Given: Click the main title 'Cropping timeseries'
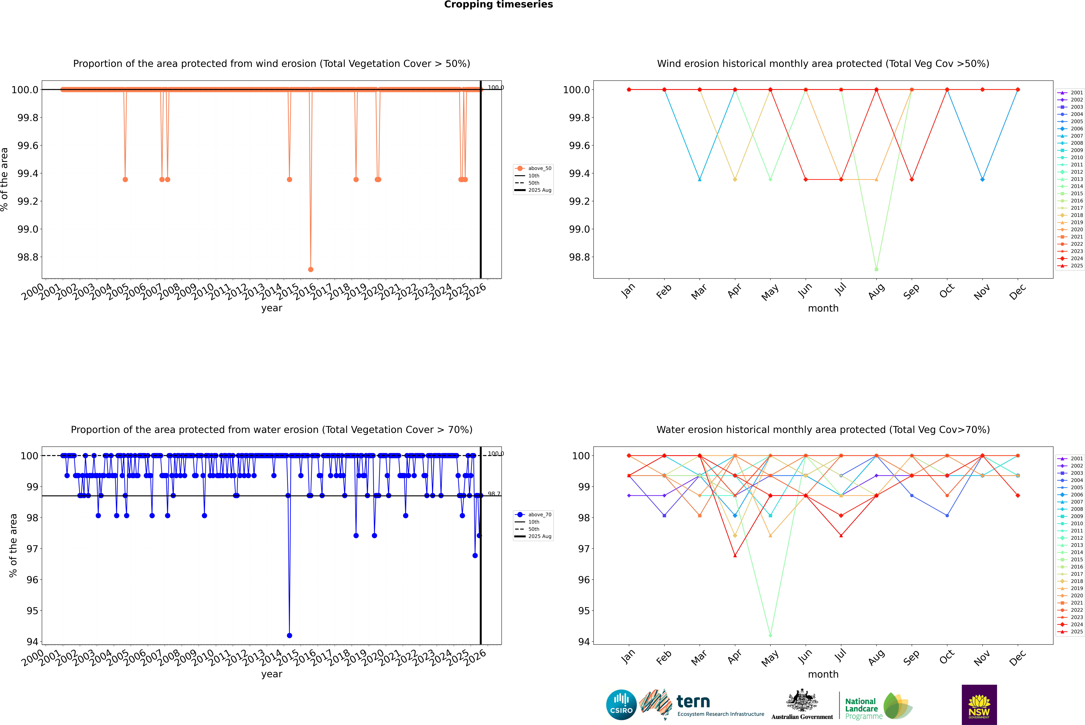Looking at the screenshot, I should (498, 5).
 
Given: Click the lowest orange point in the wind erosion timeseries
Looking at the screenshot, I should (311, 269).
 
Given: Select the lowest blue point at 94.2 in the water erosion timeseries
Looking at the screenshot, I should (289, 635).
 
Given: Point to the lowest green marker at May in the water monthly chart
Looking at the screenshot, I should (770, 635).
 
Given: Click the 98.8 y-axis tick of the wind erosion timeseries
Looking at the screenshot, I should (28, 257).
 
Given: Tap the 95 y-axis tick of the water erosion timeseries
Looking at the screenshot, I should (32, 611).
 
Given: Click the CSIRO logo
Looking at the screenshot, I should (621, 705).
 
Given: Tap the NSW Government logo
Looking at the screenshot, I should (979, 705).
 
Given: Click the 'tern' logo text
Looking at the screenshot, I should (693, 702).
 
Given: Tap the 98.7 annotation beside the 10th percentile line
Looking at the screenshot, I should (494, 494).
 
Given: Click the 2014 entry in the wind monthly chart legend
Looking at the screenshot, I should (1076, 186).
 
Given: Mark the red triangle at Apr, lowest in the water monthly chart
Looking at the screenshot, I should (735, 555).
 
